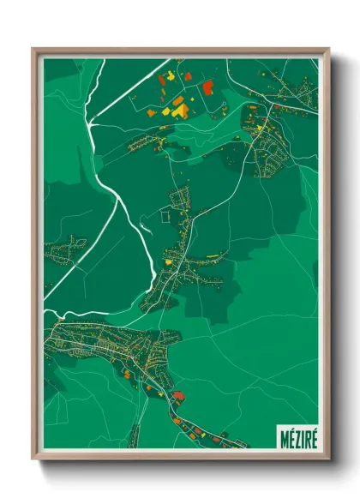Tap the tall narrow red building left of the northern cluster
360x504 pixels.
click(160, 81)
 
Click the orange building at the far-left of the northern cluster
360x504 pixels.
click(152, 112)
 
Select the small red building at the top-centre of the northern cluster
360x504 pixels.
click(188, 76)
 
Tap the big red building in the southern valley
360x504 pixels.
click(178, 395)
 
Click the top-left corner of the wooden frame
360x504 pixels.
click(33, 49)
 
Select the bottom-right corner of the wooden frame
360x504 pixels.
click(328, 459)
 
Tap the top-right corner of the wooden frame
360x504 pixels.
click(328, 49)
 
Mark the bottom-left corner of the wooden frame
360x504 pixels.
click(33, 459)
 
